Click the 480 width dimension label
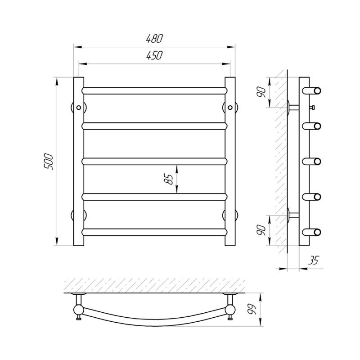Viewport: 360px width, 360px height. coord(154,39)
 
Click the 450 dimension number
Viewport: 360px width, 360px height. coord(154,55)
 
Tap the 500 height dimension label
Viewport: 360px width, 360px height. coord(49,162)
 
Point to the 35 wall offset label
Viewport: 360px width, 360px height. coord(313,260)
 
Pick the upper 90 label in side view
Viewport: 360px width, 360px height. coord(261,92)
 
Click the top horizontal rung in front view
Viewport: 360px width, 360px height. coord(154,91)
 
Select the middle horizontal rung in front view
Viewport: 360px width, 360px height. coord(154,162)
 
